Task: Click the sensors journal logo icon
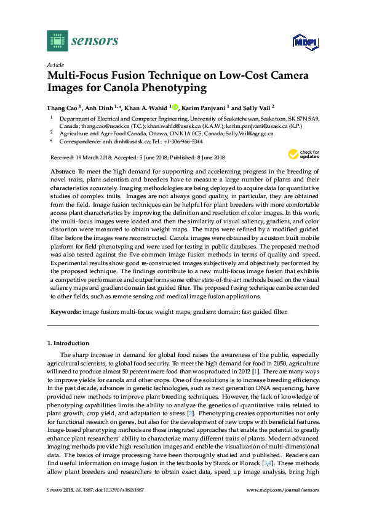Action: click(x=57, y=41)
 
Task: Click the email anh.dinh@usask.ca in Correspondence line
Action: click(x=126, y=141)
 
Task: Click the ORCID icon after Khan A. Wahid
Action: click(x=175, y=106)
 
